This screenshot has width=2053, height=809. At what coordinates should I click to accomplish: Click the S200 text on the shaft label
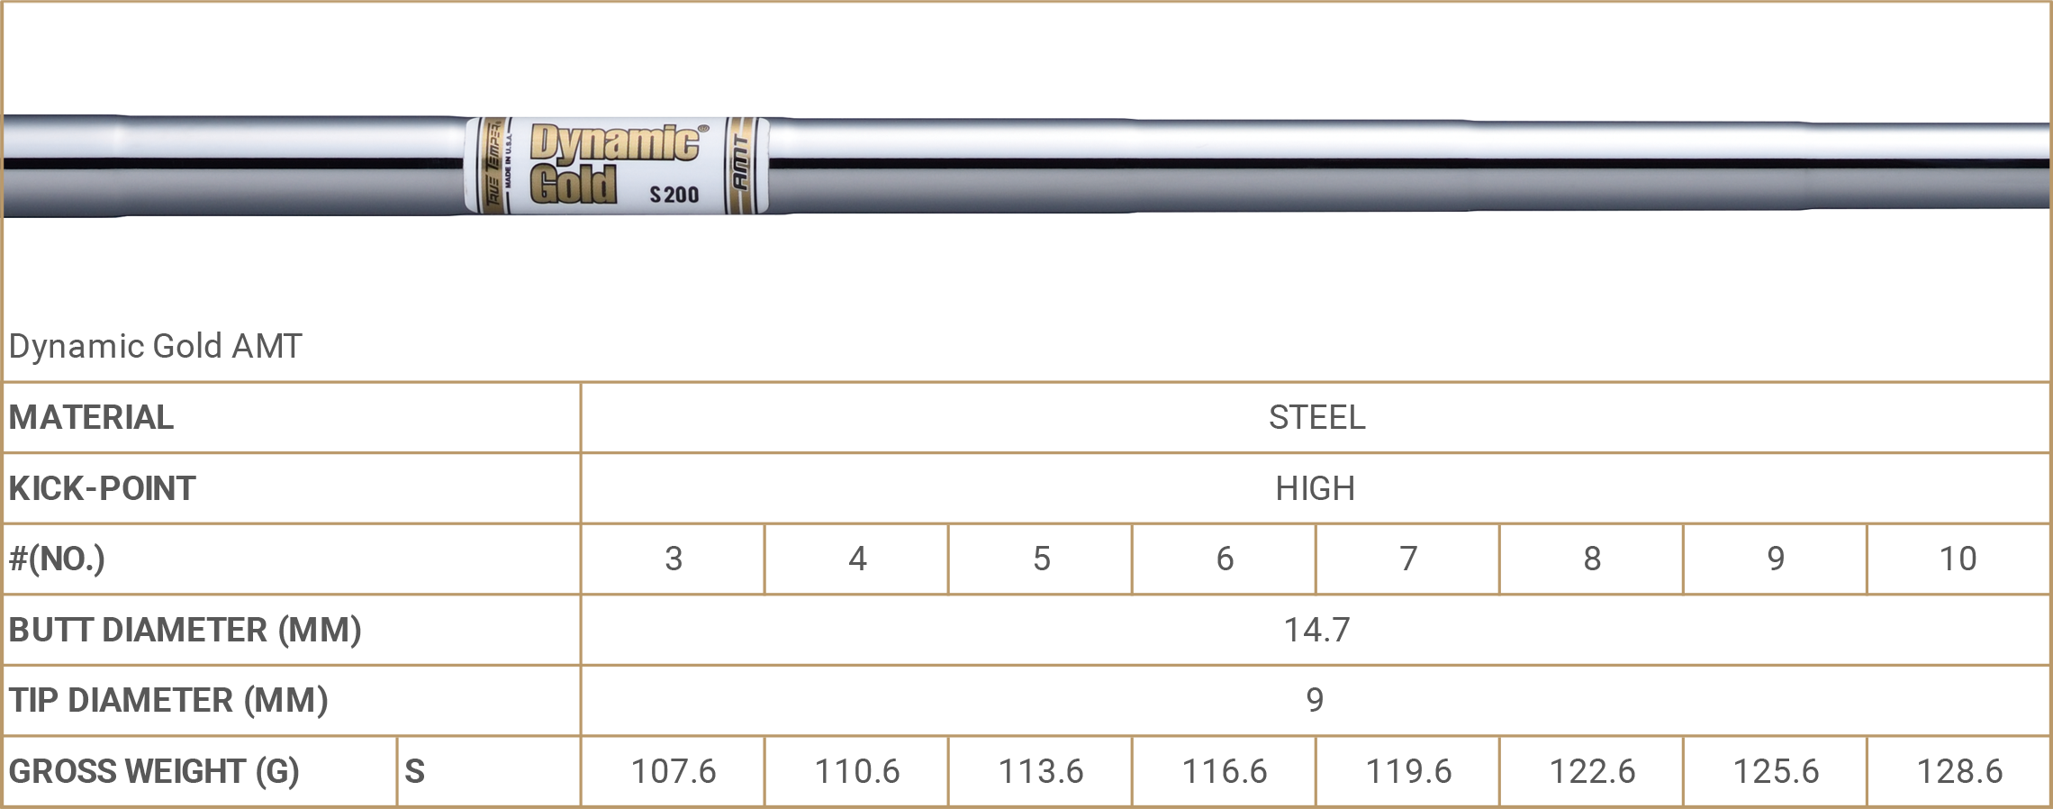tap(674, 195)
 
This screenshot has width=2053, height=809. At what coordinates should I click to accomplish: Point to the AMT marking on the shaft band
tap(740, 163)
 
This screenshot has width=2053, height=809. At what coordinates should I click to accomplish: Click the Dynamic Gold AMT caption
tap(156, 346)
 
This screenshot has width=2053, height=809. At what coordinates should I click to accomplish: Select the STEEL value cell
tap(1316, 417)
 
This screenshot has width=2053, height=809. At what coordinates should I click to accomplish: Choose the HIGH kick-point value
tap(1316, 488)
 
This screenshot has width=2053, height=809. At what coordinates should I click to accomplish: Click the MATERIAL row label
tap(91, 417)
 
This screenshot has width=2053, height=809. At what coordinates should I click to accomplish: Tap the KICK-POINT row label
tap(102, 488)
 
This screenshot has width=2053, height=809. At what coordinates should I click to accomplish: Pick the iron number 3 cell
tap(674, 559)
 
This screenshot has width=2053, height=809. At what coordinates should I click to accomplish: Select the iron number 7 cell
tap(1408, 559)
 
